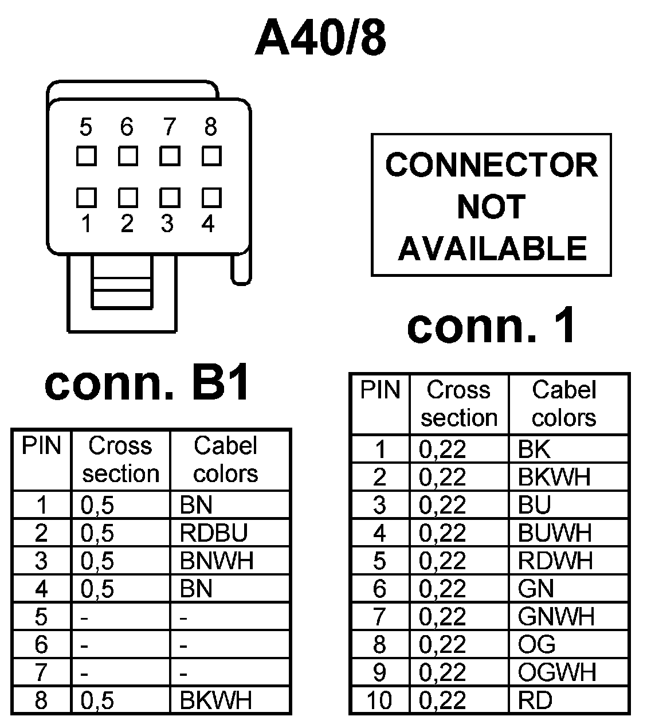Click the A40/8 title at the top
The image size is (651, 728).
point(320,39)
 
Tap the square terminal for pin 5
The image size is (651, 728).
point(86,156)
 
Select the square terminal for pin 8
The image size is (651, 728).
point(211,156)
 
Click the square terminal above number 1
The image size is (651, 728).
point(86,197)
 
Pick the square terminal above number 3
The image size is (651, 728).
point(170,197)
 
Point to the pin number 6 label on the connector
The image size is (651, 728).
point(127,127)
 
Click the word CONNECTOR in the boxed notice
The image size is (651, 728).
point(491,165)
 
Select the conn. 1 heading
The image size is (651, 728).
point(491,327)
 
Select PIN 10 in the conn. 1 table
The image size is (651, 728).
point(379,700)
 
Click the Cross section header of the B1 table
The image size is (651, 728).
point(120,460)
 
